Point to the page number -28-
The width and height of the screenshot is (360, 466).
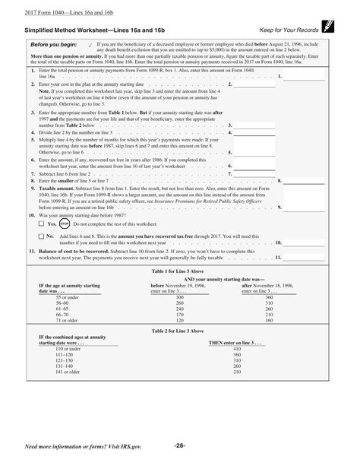click(179, 445)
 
